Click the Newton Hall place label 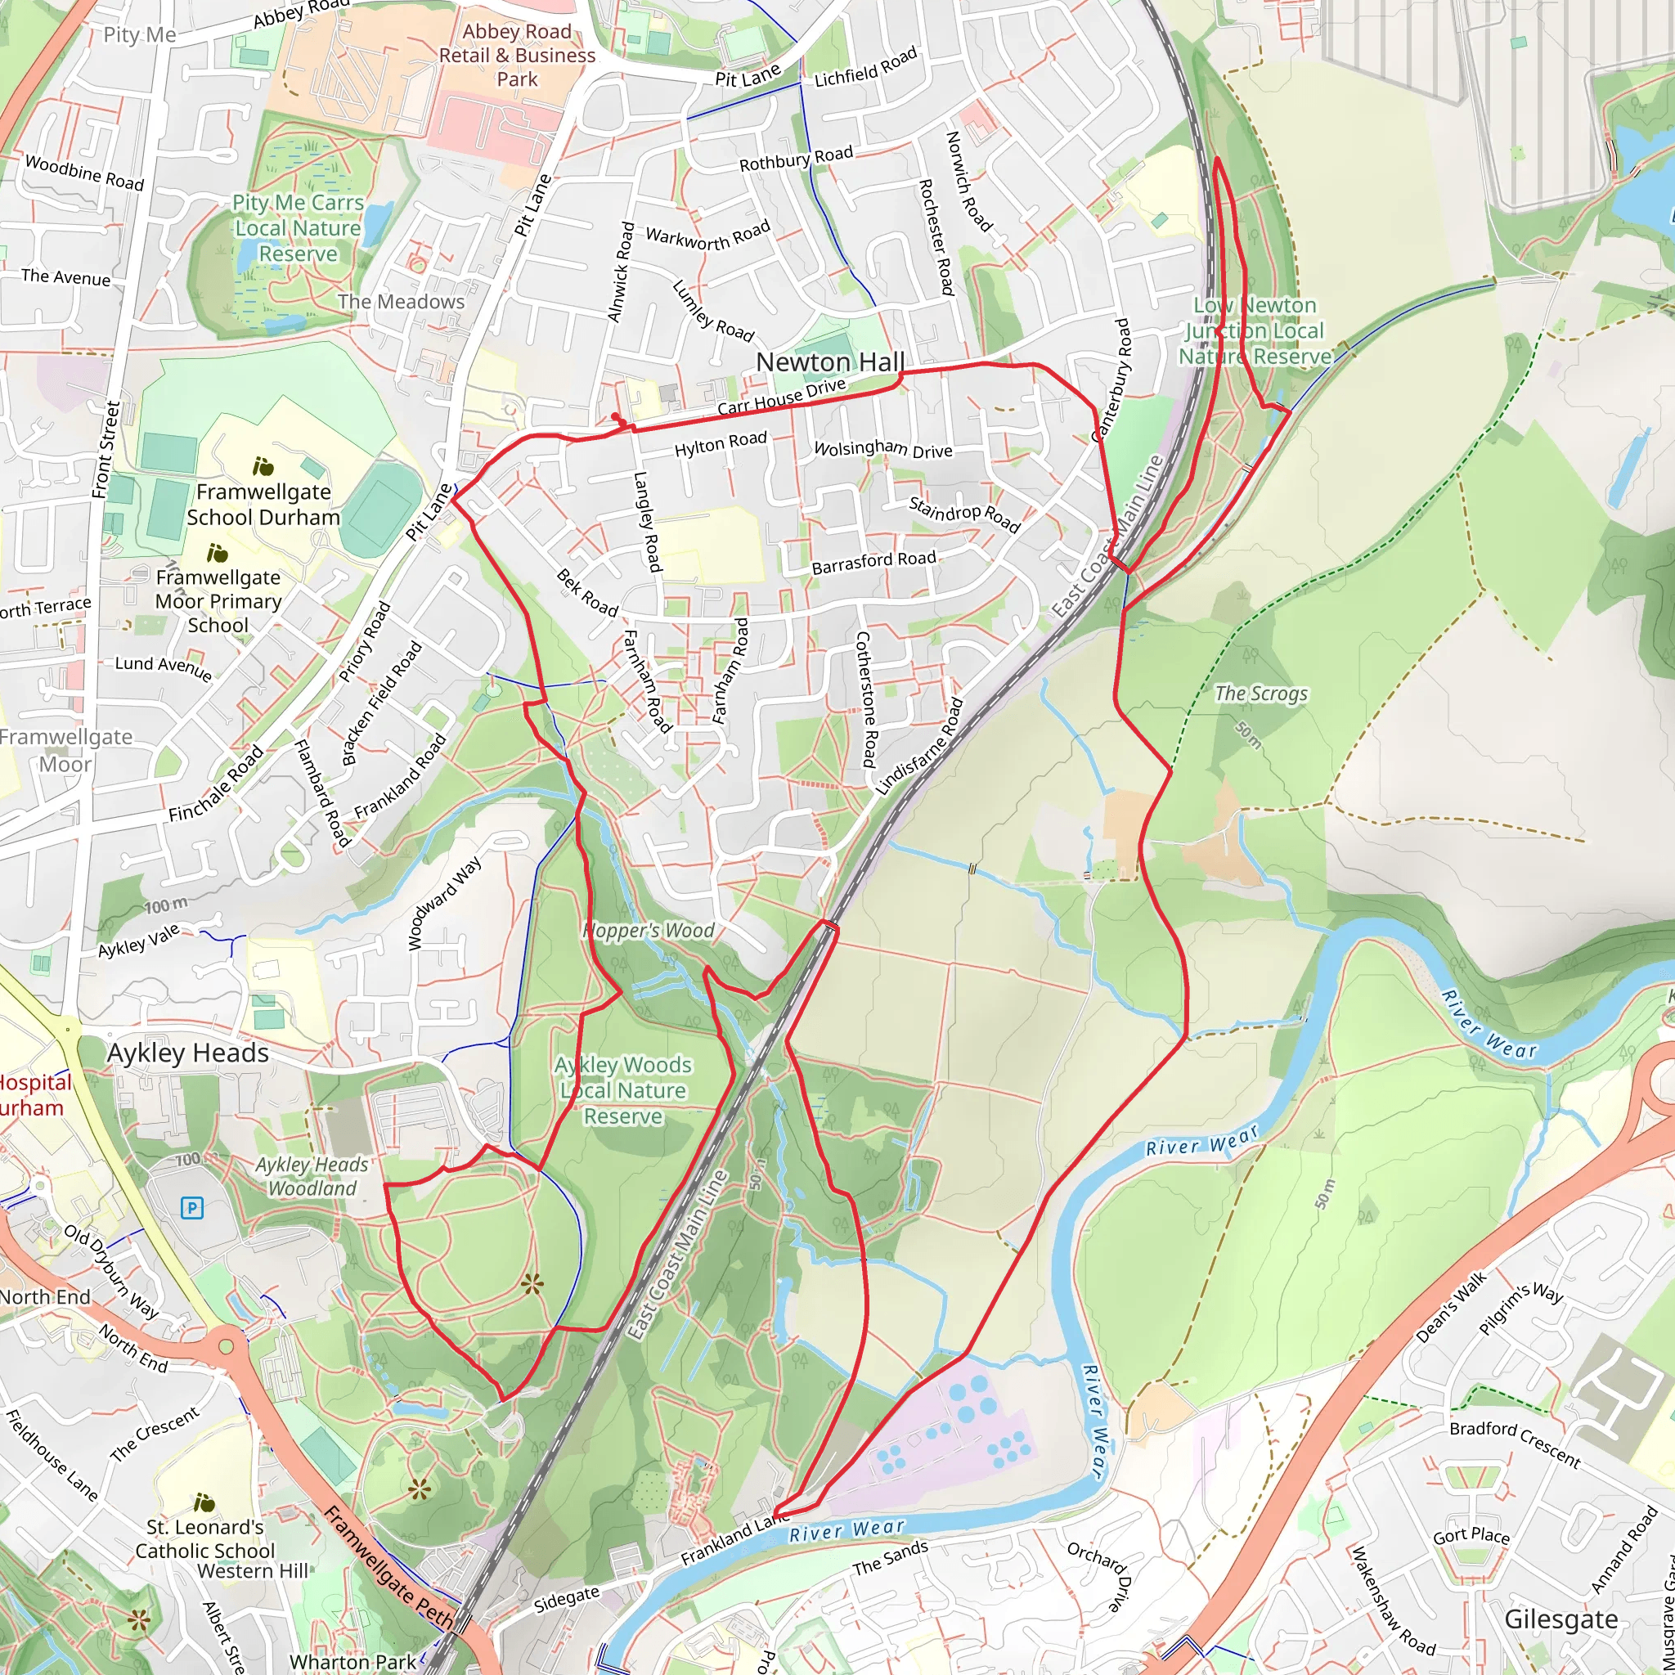(829, 362)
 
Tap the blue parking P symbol (191, 1207)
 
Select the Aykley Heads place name (187, 1053)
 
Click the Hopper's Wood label (649, 930)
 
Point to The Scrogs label (1260, 693)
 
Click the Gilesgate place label (1560, 1619)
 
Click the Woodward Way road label (444, 905)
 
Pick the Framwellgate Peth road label (388, 1565)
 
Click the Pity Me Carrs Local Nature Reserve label (298, 228)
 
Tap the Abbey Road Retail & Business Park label (517, 56)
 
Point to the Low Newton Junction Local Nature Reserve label (1255, 331)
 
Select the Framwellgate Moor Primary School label (218, 601)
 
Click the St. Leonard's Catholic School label (204, 1538)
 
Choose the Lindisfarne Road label (919, 747)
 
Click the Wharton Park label (352, 1661)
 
